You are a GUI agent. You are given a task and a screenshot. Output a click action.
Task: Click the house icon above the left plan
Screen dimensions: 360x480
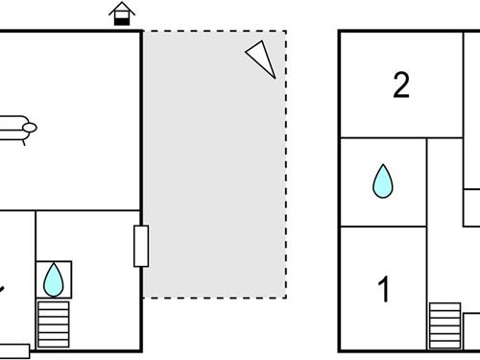(x=121, y=14)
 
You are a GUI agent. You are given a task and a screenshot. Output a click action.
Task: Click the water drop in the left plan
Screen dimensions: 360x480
(x=53, y=279)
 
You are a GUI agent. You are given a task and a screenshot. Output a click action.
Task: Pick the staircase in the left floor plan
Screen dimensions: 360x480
(x=54, y=324)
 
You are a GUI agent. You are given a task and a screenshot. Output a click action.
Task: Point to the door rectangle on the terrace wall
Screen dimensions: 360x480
(x=141, y=246)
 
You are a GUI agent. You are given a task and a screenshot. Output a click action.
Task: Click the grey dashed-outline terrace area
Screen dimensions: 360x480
(x=215, y=163)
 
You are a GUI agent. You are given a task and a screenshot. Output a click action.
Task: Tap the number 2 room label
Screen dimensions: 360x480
(x=401, y=85)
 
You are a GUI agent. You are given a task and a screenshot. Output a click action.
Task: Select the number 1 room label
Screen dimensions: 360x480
(x=385, y=289)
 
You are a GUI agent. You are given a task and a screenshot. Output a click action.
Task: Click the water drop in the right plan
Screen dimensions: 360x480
(x=383, y=180)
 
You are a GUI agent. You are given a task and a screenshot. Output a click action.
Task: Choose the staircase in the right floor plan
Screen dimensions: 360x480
(x=444, y=326)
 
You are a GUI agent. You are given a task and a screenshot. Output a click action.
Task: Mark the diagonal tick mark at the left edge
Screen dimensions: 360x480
(x=3, y=288)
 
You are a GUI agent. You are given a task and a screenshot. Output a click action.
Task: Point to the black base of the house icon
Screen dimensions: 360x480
(x=121, y=21)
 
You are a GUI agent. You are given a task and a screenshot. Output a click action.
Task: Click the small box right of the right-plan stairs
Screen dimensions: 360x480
(x=471, y=327)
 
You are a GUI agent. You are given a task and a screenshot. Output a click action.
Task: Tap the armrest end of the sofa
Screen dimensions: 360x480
(x=30, y=127)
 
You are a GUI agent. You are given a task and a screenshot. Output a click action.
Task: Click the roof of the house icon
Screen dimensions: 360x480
(x=121, y=9)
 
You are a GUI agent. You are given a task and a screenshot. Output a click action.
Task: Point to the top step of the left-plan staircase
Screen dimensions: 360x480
(x=54, y=304)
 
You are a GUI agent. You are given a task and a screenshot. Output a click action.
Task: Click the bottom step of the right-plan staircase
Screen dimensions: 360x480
(x=444, y=346)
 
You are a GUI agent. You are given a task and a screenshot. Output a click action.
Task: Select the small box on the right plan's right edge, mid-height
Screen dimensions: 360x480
(x=471, y=205)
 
